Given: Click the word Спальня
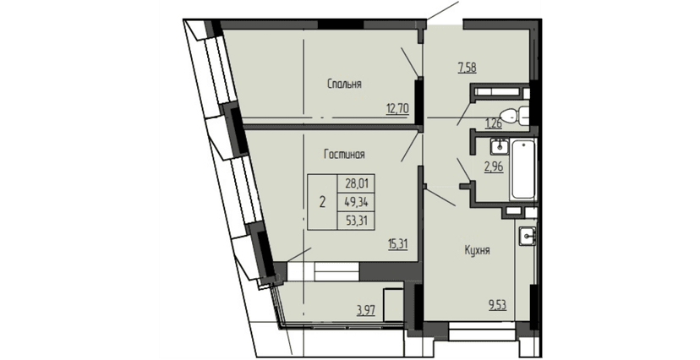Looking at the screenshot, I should click(x=345, y=84).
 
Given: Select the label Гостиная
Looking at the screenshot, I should click(x=344, y=155).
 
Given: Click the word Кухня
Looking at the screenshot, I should click(x=478, y=250).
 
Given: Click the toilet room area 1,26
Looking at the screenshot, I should click(x=494, y=122).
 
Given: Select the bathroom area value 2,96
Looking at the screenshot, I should click(x=494, y=166).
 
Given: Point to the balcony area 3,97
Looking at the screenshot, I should click(x=366, y=309).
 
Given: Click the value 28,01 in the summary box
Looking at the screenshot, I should click(x=357, y=183).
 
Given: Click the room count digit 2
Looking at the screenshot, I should click(x=323, y=201).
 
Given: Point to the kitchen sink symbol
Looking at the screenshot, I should click(x=527, y=236).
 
